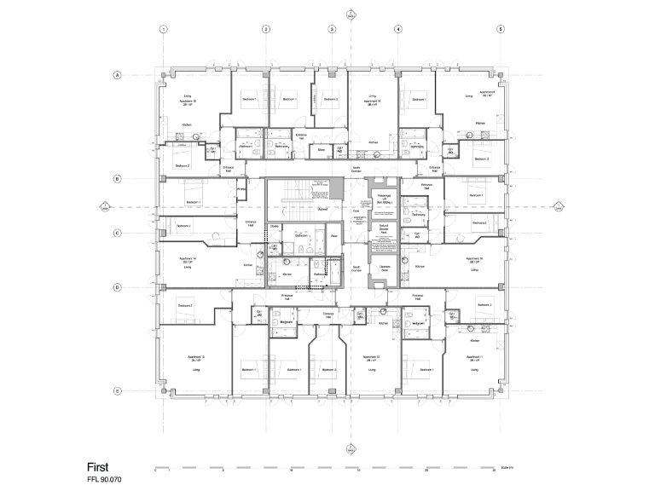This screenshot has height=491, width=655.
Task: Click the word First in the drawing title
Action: (x=98, y=467)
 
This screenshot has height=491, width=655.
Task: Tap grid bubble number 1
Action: (x=163, y=29)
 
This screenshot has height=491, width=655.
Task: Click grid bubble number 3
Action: (x=332, y=29)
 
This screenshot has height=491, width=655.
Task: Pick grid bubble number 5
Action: (x=501, y=29)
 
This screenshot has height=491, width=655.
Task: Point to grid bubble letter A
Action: (x=117, y=75)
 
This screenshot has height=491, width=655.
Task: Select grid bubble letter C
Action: (x=117, y=233)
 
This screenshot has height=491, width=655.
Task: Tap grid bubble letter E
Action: (x=117, y=390)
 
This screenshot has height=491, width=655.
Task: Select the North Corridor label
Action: (x=357, y=170)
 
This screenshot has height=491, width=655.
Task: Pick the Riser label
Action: (x=335, y=236)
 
